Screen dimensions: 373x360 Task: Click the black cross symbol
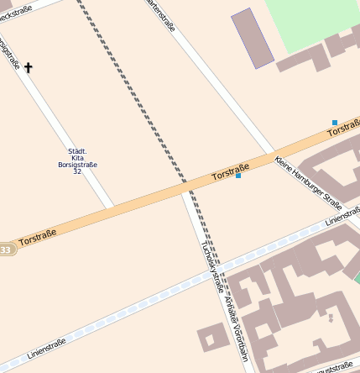[28, 66]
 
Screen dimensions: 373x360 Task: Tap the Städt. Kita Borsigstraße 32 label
[77, 161]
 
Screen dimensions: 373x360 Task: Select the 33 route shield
[6, 250]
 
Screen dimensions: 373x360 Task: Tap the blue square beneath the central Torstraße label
[238, 176]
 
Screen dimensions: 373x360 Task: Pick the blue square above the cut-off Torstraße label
[335, 123]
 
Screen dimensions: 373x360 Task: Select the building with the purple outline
[253, 38]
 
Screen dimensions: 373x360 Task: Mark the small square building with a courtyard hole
[211, 339]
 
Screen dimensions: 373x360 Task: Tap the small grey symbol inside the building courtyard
[331, 318]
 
